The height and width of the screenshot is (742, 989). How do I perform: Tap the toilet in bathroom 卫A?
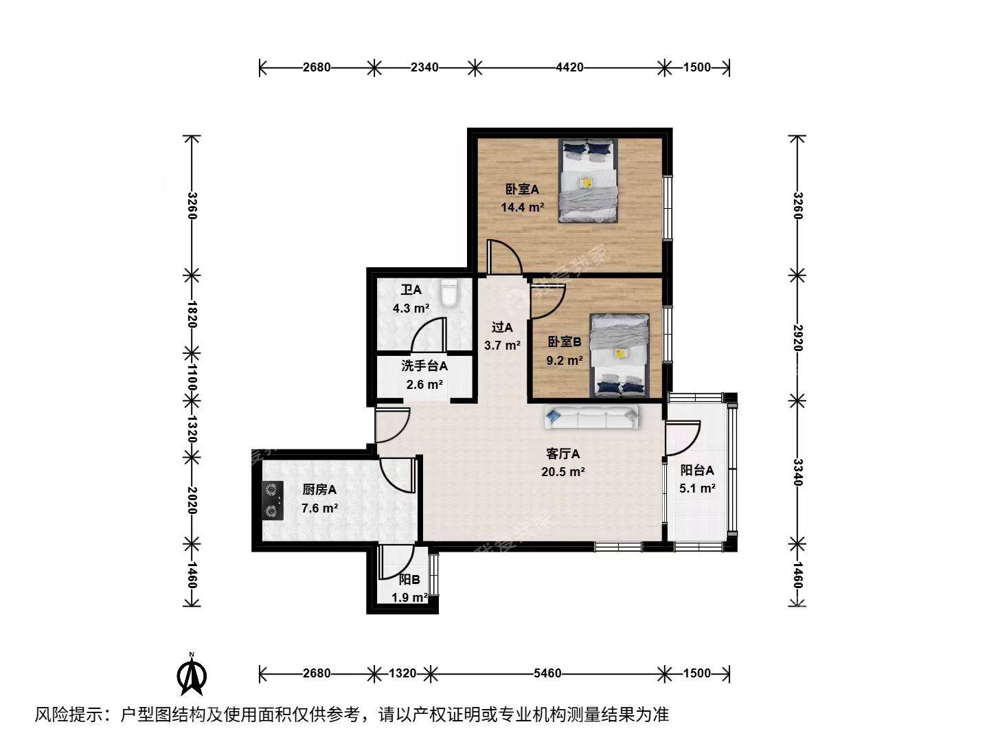tap(449, 293)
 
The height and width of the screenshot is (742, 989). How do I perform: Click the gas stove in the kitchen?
tap(273, 500)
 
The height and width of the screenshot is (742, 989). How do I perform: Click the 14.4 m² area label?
tap(523, 206)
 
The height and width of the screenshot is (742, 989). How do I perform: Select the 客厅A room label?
tap(563, 454)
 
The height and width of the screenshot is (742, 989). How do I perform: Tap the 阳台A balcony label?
tap(697, 471)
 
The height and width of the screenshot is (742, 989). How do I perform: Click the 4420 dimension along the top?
tap(569, 67)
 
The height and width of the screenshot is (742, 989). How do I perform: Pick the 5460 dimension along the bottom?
tap(547, 673)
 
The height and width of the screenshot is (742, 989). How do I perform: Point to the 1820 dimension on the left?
tap(192, 313)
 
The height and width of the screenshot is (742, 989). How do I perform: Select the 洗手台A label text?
tap(424, 366)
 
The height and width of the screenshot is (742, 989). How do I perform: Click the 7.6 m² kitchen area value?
tap(320, 508)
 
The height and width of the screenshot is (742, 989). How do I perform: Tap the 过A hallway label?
tap(502, 328)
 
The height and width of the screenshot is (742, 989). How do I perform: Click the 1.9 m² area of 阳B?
tap(410, 597)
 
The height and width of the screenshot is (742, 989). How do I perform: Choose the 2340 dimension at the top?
tap(424, 67)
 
